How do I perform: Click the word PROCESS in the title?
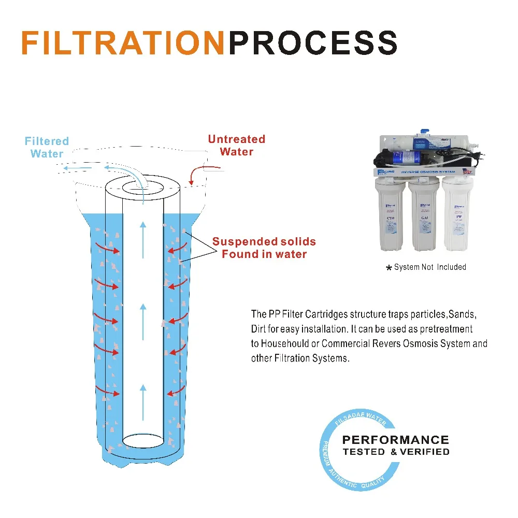pyautogui.click(x=313, y=44)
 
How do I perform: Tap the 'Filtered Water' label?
pyautogui.click(x=47, y=147)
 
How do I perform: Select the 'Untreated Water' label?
pyautogui.click(x=236, y=146)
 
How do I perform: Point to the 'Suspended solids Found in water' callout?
pyautogui.click(x=264, y=248)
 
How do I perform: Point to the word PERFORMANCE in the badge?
pyautogui.click(x=395, y=440)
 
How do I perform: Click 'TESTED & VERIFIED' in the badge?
pyautogui.click(x=396, y=452)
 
